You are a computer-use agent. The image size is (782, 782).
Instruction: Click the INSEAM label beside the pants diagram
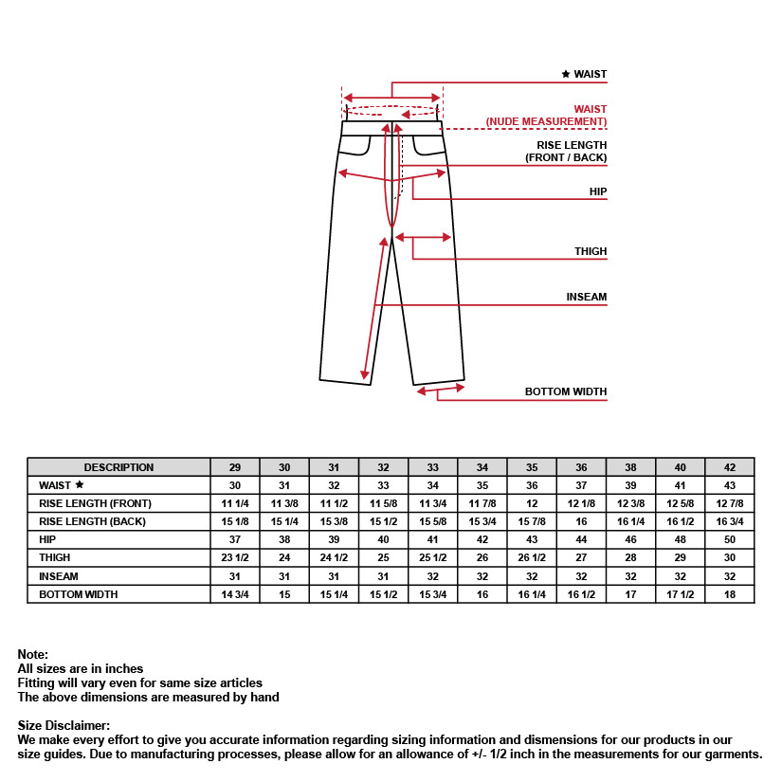586,297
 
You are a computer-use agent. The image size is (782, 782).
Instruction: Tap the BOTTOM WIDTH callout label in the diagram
566,391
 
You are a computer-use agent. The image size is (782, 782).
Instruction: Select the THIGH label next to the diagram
591,251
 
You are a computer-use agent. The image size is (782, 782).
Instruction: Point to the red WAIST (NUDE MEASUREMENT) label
546,116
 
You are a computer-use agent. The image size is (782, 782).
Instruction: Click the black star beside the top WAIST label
566,74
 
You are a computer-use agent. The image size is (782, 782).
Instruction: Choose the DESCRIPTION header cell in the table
118,467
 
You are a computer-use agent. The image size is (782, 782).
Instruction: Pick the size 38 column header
631,467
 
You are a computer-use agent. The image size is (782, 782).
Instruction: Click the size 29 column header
235,467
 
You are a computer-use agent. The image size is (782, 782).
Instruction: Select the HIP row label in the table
48,539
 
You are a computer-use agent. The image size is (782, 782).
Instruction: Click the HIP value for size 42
730,539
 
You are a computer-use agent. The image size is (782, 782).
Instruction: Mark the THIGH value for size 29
235,557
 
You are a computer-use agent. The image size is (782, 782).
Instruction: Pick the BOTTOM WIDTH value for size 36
582,594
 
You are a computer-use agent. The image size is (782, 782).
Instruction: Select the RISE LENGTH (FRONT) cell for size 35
532,503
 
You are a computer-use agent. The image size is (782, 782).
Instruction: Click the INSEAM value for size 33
433,575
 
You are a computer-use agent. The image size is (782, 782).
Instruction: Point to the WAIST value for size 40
681,485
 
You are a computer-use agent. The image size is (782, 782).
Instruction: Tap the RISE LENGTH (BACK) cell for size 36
582,521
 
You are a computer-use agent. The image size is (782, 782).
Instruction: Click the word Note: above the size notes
32,655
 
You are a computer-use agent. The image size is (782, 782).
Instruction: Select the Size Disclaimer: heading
64,725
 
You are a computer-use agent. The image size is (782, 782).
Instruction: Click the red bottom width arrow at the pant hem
441,388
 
